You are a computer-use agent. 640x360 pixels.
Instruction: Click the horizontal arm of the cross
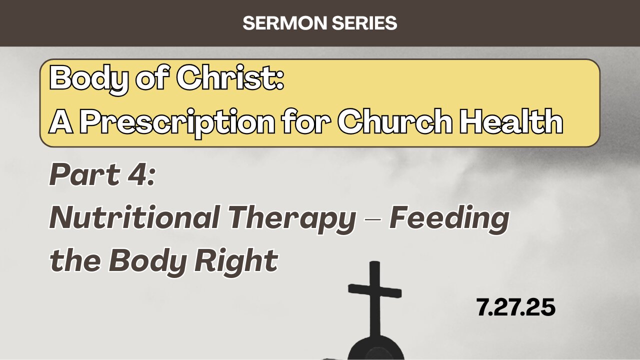374,290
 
